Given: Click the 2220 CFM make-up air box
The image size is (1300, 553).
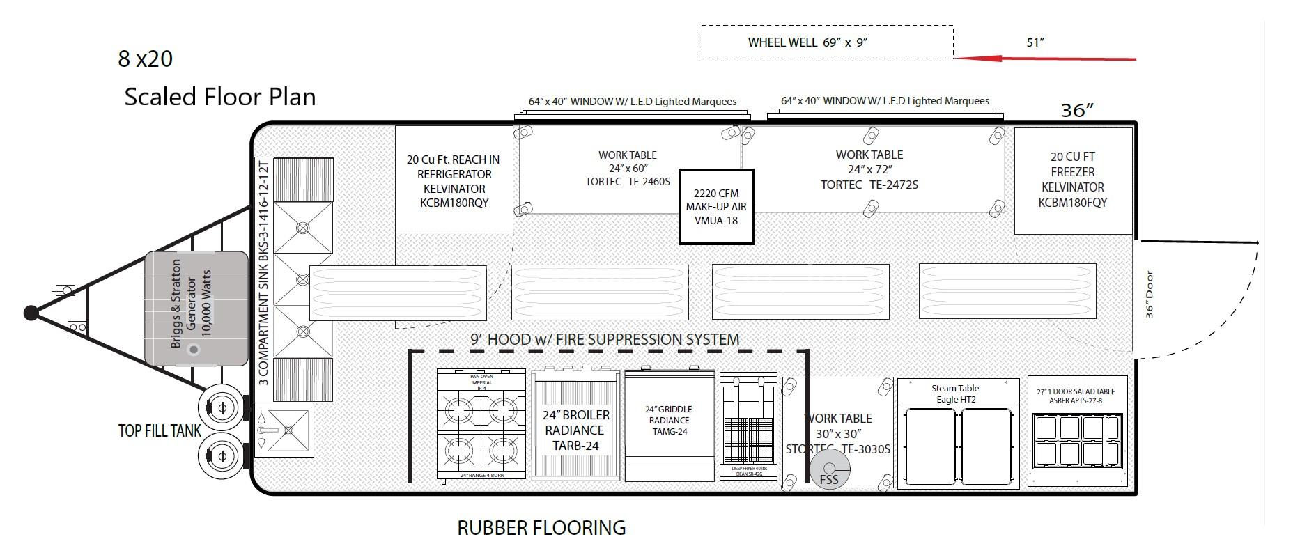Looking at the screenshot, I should pyautogui.click(x=716, y=207).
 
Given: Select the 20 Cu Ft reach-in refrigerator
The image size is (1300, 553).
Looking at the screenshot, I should pyautogui.click(x=454, y=180).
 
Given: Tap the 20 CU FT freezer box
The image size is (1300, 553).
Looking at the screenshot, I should pyautogui.click(x=1072, y=180).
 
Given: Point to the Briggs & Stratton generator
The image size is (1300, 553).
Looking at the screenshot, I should pyautogui.click(x=196, y=309).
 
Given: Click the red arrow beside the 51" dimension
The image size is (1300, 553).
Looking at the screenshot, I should pyautogui.click(x=1045, y=59).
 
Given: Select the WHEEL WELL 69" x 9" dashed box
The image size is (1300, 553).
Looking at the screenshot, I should pyautogui.click(x=826, y=42).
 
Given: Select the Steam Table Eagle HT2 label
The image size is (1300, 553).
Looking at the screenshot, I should pyautogui.click(x=955, y=394).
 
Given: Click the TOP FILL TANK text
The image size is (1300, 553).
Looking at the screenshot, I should pyautogui.click(x=160, y=431).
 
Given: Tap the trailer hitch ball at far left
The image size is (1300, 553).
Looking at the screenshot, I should pyautogui.click(x=31, y=313).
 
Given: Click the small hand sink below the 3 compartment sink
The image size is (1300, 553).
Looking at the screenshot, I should pyautogui.click(x=284, y=430).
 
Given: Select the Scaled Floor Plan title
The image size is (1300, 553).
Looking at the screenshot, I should pyautogui.click(x=219, y=96).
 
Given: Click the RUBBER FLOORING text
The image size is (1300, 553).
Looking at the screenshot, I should pyautogui.click(x=541, y=528).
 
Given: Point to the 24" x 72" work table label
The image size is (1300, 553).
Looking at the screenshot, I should pyautogui.click(x=869, y=169).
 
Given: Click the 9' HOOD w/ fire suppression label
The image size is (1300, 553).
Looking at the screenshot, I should pyautogui.click(x=604, y=339).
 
